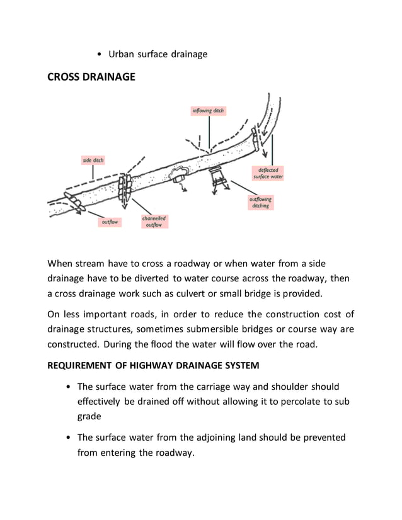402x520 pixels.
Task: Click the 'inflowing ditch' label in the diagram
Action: click(x=208, y=111)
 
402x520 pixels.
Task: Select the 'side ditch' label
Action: click(x=93, y=161)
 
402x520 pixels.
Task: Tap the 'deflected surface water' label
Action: click(x=268, y=173)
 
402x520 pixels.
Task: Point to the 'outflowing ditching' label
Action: click(x=260, y=202)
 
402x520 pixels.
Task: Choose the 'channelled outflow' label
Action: click(x=154, y=221)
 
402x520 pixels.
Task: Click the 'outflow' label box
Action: click(x=110, y=222)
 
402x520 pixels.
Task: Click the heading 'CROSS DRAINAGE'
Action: click(x=91, y=77)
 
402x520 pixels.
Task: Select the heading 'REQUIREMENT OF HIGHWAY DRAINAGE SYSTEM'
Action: click(x=152, y=366)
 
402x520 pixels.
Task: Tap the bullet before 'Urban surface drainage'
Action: click(x=100, y=55)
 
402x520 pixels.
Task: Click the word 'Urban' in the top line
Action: click(x=122, y=54)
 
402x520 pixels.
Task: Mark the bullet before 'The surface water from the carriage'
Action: click(x=67, y=387)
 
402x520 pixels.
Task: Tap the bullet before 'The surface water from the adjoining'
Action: click(x=67, y=438)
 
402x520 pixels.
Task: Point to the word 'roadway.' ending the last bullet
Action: click(x=171, y=452)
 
